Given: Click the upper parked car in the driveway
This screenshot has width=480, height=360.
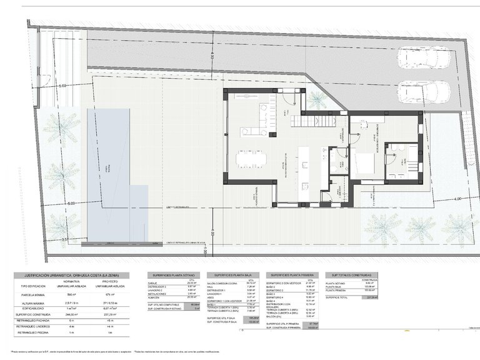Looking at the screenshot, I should click(x=423, y=59).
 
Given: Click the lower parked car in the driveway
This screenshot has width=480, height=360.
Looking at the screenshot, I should click(x=423, y=92).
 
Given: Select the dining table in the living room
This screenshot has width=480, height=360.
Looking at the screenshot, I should click(x=251, y=159).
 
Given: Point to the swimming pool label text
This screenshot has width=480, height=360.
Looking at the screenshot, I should click(x=107, y=169).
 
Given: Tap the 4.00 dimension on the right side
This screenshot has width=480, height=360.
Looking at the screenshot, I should click(x=457, y=199).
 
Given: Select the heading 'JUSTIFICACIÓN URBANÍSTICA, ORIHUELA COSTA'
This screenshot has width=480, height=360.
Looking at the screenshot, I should click(x=71, y=275).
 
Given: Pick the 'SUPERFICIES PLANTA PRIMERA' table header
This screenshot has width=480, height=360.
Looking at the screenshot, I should click(x=292, y=275).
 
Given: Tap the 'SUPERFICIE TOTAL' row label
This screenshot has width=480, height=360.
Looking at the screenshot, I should click(x=338, y=297).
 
